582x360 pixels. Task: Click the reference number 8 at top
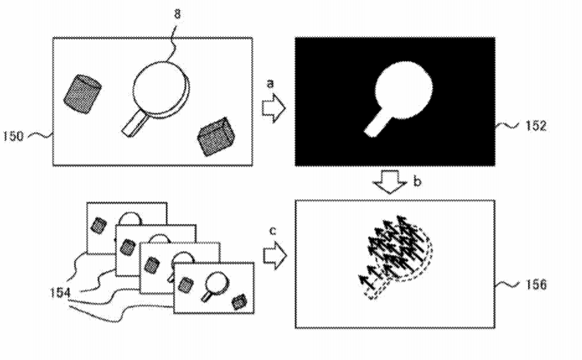(178, 14)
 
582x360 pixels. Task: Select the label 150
(13, 136)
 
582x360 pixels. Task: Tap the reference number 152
(536, 126)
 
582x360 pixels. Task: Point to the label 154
(60, 293)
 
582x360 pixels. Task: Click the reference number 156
(536, 284)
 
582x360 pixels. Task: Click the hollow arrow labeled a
(274, 108)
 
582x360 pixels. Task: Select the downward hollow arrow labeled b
(390, 182)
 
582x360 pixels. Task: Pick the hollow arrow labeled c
(275, 256)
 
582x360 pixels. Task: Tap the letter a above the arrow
(271, 83)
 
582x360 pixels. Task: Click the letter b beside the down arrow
(417, 182)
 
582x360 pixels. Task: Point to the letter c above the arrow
(272, 231)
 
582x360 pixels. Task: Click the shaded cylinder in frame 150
(83, 94)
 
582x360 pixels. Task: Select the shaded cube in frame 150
(216, 137)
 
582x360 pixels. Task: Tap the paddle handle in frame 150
(134, 124)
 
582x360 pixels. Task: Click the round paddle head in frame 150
(161, 89)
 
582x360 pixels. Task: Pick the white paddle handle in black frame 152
(376, 124)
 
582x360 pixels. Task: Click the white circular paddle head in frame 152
(403, 90)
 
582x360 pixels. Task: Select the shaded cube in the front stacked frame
(239, 303)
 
